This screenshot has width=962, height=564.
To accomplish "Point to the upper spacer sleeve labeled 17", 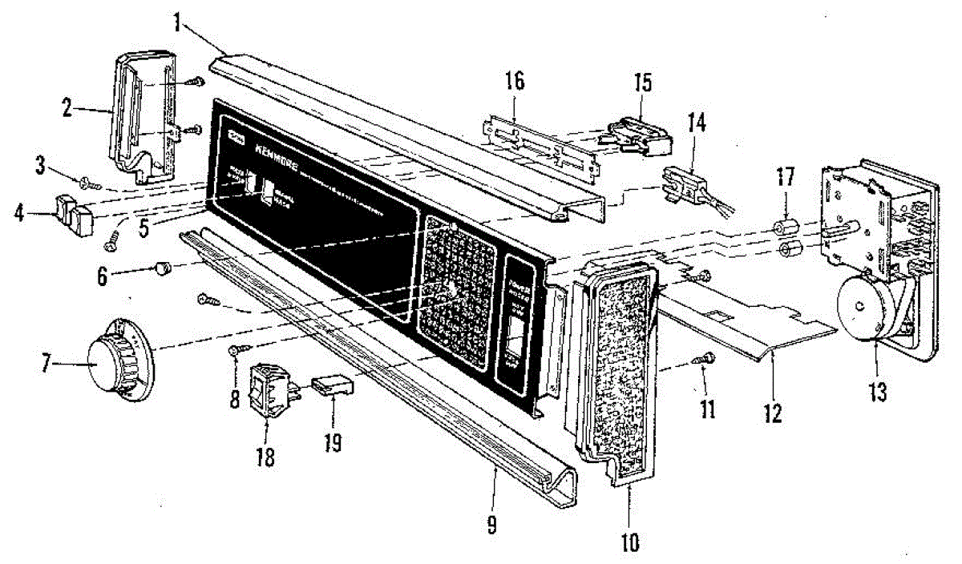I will coord(786,225).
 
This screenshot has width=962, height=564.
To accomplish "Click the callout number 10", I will coord(629,542).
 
